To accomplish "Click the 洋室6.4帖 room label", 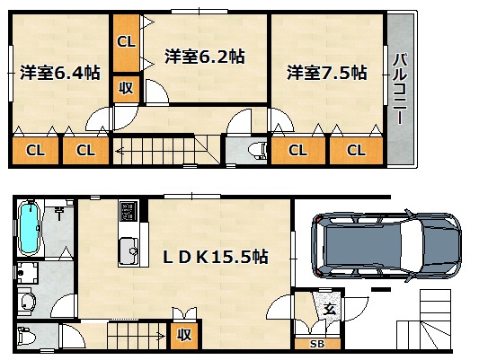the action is (60, 73).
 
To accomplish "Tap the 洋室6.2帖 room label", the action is (205, 57).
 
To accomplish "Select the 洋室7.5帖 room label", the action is (327, 73).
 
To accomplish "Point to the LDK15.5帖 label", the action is (216, 257).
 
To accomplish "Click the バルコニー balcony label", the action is (400, 89).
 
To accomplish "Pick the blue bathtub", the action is (29, 227).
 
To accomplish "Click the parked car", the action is (386, 245).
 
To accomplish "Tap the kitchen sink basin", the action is (129, 250).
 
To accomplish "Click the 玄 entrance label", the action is (330, 310).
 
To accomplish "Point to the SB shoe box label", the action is (317, 344).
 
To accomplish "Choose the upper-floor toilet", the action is (257, 151).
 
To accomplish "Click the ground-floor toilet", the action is (27, 336).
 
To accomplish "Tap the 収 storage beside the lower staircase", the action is (184, 335).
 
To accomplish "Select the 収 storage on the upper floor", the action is (126, 89).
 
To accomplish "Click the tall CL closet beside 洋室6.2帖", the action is (126, 42).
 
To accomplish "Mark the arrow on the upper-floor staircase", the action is (120, 151).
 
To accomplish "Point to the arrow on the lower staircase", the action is (161, 337).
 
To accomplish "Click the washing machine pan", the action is (28, 272).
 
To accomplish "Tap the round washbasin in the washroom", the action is (27, 302).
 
